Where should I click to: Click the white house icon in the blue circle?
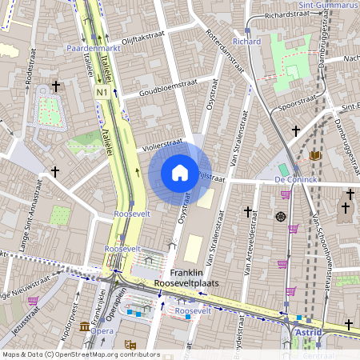(x=180, y=173)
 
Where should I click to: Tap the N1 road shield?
(x=102, y=93)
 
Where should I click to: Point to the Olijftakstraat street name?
(x=132, y=37)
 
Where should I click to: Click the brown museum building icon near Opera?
(x=85, y=328)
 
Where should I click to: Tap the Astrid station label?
(x=307, y=330)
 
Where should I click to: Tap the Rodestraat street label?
(x=28, y=80)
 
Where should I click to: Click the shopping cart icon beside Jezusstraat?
(x=34, y=301)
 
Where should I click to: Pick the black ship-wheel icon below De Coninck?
(x=281, y=217)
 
